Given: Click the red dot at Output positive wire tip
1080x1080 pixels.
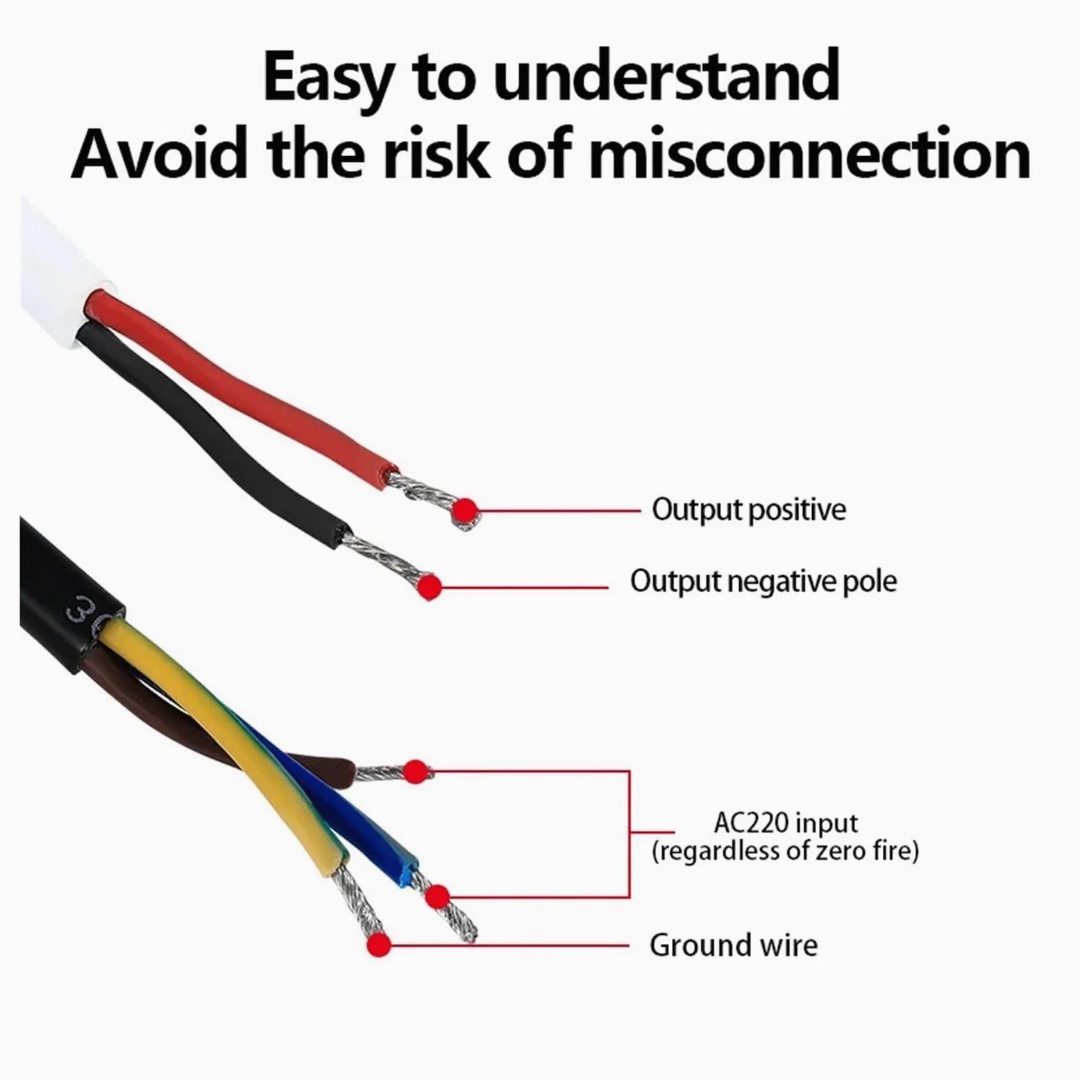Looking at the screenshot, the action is point(465,512).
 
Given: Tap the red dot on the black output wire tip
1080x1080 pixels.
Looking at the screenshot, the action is point(430,587).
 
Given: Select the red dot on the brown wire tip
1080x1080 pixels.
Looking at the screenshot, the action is point(415,771).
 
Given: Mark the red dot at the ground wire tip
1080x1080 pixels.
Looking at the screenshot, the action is point(378,945).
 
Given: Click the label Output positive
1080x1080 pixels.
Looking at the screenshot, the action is point(749,510).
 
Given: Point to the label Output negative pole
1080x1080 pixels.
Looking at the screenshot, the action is point(763,582).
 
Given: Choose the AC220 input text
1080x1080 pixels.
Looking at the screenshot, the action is point(786,823).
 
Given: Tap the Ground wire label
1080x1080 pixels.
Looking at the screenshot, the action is point(734,945).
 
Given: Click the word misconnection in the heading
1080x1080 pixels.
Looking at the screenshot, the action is point(810,153).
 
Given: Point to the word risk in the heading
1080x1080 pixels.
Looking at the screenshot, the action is point(439,153).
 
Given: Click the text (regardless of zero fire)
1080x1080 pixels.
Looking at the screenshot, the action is point(785,851).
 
